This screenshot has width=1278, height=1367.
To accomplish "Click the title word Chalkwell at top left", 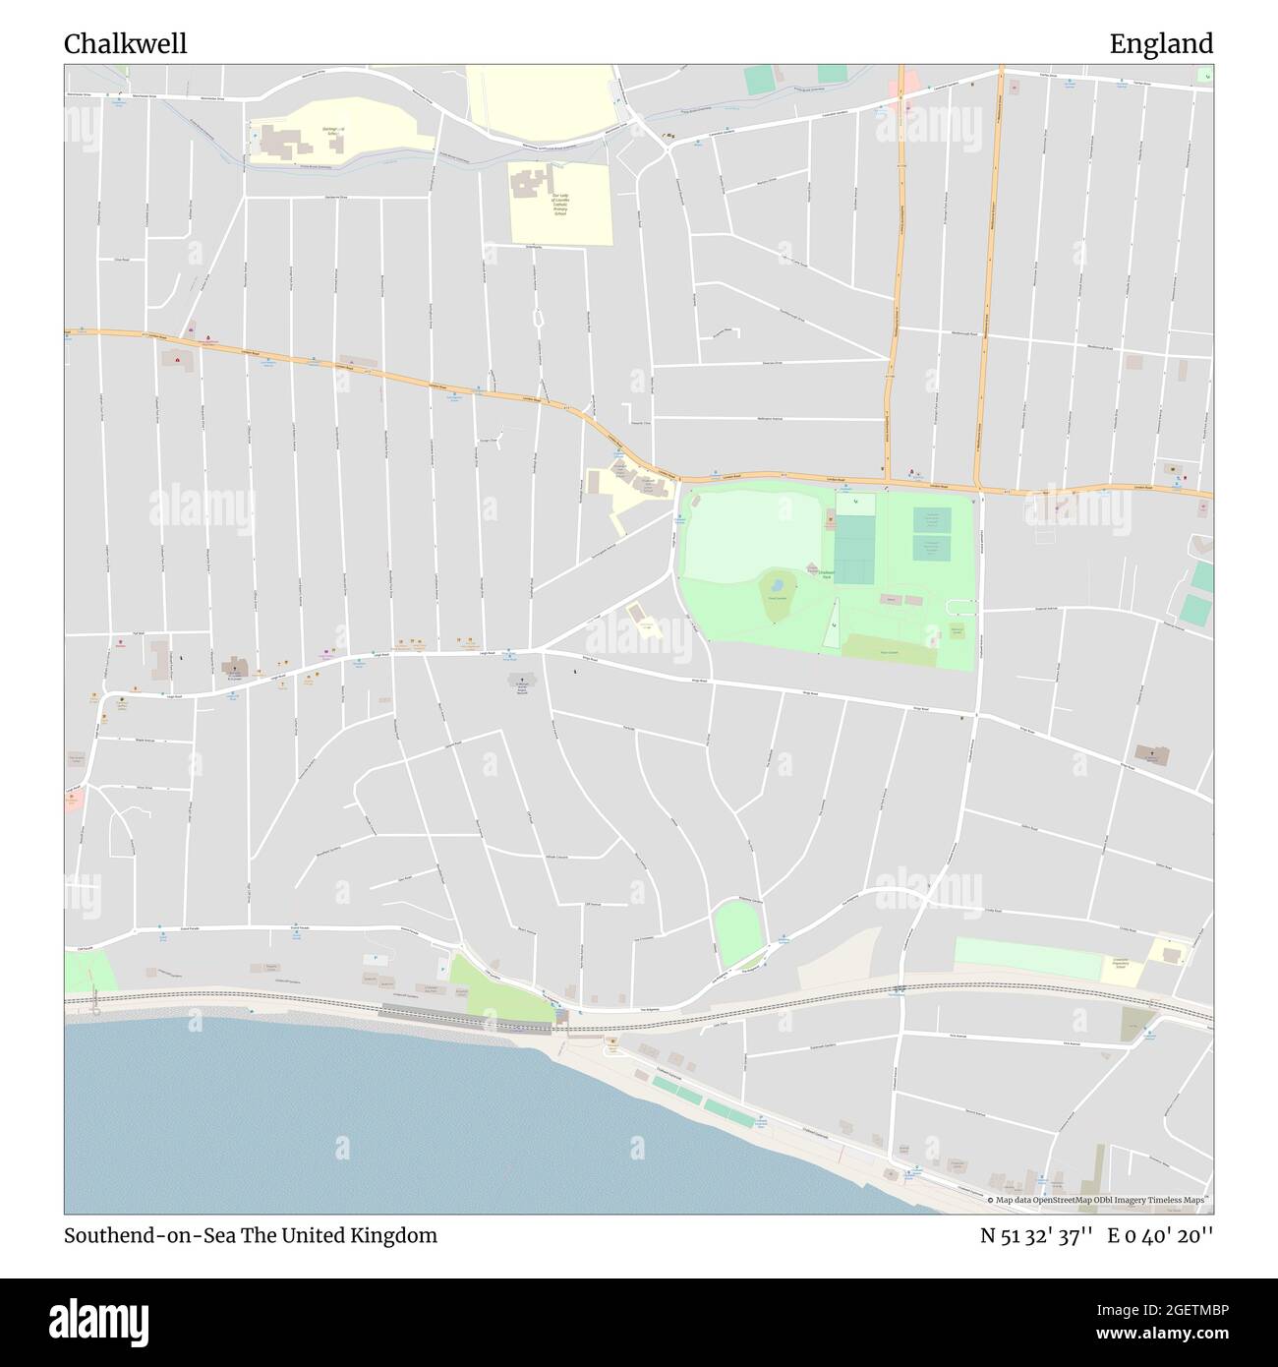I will pyautogui.click(x=125, y=43).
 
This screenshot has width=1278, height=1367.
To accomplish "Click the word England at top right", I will pyautogui.click(x=1161, y=43).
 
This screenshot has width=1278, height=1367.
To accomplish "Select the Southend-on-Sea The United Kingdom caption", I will pyautogui.click(x=251, y=1235).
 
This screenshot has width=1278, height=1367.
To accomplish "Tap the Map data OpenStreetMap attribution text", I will pyautogui.click(x=1099, y=1200).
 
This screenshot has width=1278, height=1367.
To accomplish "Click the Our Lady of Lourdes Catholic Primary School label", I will pyautogui.click(x=559, y=205).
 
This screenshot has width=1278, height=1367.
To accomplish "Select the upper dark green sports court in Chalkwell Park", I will pyautogui.click(x=932, y=519).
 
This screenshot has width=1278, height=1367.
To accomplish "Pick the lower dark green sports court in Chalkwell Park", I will pyautogui.click(x=932, y=547).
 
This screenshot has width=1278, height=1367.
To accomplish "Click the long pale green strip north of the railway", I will pyautogui.click(x=1027, y=957).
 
